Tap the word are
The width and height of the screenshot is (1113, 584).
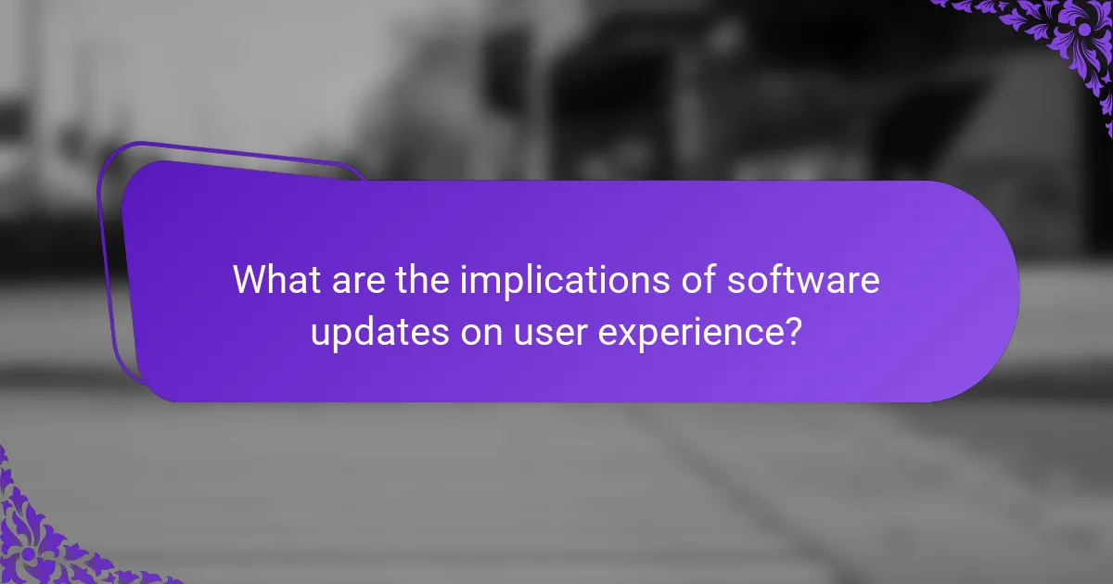tap(358, 283)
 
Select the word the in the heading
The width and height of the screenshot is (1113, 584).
tap(422, 279)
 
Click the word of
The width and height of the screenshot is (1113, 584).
tap(698, 279)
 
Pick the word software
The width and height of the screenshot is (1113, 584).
tap(803, 279)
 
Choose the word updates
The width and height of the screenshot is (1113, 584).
tap(380, 334)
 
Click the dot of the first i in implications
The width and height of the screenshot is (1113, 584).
tap(464, 268)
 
